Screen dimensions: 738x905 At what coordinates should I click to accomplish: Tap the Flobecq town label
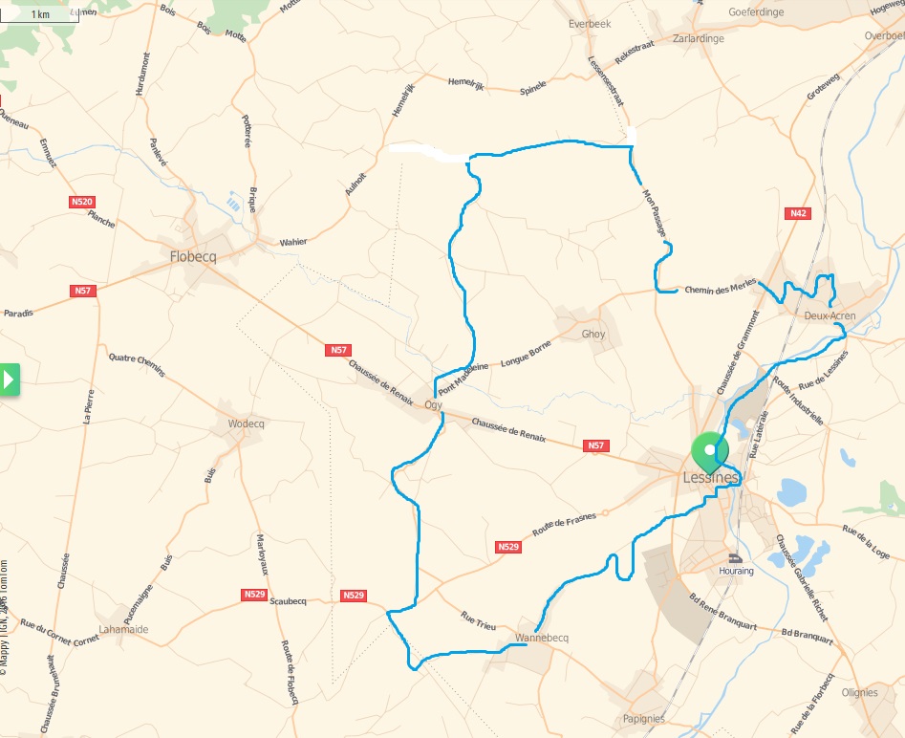(x=195, y=256)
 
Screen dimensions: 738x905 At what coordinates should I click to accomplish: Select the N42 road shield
(x=799, y=213)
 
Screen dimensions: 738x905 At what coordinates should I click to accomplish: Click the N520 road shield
(x=82, y=202)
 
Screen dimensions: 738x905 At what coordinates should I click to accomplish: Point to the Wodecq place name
(x=246, y=423)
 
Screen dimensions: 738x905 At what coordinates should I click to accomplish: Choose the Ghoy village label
(x=593, y=335)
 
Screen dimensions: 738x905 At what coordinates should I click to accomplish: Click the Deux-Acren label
(x=830, y=315)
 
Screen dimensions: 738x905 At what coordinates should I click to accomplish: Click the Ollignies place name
(x=859, y=693)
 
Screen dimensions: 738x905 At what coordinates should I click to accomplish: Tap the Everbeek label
(x=589, y=23)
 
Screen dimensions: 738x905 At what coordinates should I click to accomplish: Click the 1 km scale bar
(x=40, y=14)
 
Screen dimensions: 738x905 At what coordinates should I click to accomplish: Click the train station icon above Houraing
(x=735, y=557)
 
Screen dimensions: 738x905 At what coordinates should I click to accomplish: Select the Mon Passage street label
(x=655, y=211)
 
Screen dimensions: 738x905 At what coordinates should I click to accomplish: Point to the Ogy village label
(x=432, y=405)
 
